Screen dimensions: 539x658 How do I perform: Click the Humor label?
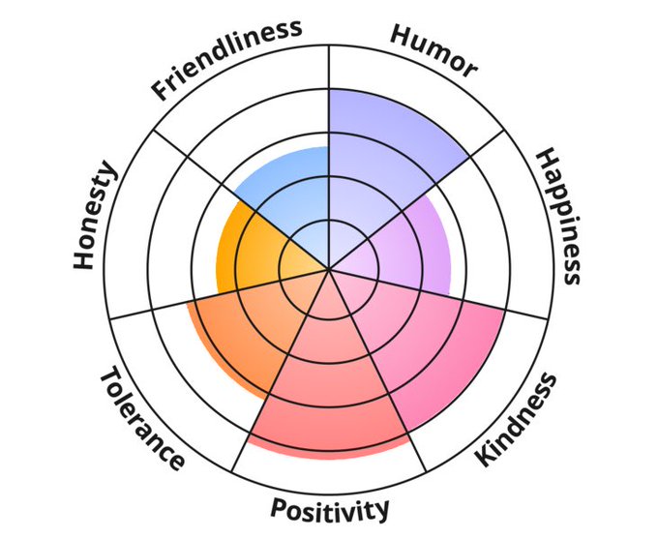coord(434,49)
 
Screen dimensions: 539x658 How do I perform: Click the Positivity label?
coord(330,508)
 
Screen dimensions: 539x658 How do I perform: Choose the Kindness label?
coord(519,420)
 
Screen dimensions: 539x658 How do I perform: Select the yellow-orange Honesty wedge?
coord(247,252)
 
